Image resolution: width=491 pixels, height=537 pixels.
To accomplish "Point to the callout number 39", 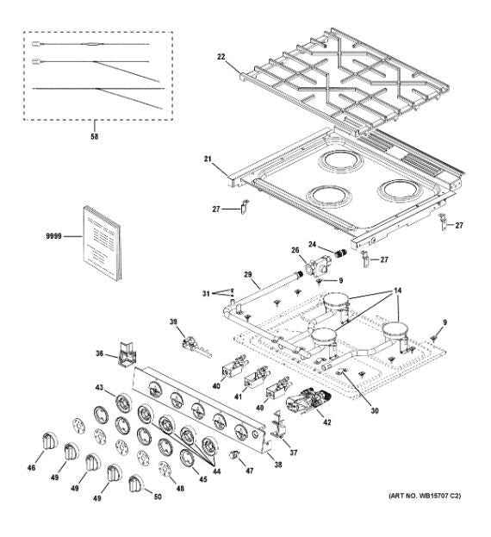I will pos(173,322).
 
